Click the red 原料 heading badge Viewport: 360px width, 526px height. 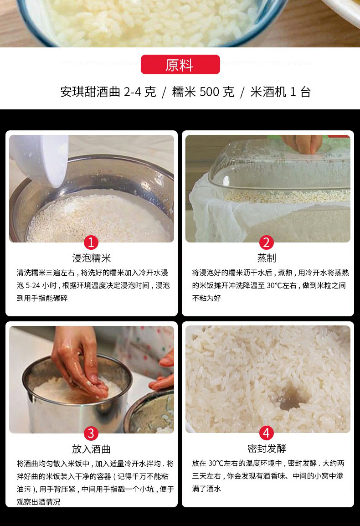pos(180,64)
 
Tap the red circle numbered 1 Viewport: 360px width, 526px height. pos(91,242)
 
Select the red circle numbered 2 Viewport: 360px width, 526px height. pos(267,242)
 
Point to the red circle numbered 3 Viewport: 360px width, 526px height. pos(91,433)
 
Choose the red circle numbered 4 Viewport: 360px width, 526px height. pos(267,433)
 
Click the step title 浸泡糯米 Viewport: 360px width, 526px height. pos(91,258)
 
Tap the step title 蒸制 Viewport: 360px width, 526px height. pos(267,258)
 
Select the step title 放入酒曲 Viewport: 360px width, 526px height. pos(91,449)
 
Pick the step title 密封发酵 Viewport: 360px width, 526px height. pos(267,449)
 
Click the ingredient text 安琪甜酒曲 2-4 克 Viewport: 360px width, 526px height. pos(108,92)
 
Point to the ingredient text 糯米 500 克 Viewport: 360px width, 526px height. pos(203,92)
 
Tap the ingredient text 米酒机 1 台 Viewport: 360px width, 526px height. pos(281,92)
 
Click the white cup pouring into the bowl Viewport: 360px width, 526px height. pos(40,159)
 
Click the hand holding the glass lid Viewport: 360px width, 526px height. pos(303,144)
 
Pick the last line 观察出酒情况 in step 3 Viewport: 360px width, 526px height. pos(39,502)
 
